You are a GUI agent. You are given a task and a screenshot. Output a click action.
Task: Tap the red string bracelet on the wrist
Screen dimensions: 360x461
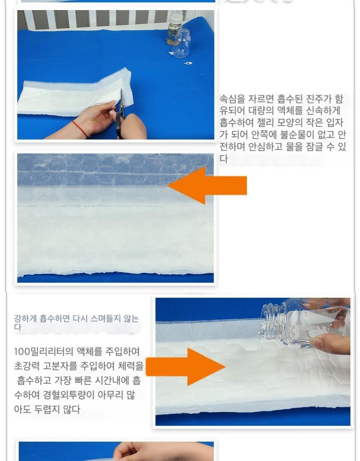point(80,129)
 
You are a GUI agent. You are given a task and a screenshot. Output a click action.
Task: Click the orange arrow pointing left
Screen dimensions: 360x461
point(207,185)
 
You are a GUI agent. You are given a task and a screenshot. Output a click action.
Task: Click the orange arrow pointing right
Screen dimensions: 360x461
point(186,366)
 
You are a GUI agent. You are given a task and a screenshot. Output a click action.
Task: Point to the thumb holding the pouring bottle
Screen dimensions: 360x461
point(329,342)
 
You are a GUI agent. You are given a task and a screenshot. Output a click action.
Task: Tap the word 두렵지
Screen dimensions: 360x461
point(48,409)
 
